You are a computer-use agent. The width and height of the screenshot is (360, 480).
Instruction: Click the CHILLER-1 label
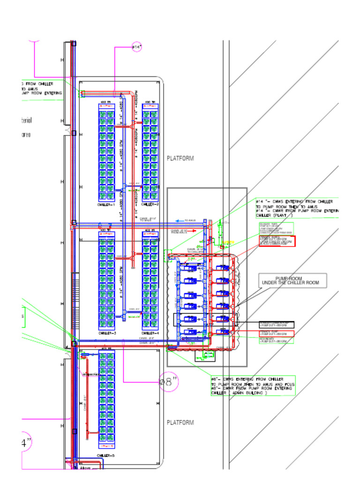tap(106, 205)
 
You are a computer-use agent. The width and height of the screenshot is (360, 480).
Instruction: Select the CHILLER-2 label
tap(150, 205)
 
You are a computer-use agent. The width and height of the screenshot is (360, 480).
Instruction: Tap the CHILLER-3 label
tap(106, 333)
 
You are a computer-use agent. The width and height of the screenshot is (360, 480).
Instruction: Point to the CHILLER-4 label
tap(150, 333)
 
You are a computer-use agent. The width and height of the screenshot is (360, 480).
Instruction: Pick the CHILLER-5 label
tap(106, 456)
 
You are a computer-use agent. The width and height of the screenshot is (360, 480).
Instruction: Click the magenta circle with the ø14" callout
tap(136, 47)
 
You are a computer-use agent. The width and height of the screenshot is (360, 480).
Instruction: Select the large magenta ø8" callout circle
tap(169, 382)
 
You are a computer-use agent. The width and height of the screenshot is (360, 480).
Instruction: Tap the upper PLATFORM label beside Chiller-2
tap(180, 158)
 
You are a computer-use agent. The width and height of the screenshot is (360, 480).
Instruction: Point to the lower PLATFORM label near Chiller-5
tap(180, 422)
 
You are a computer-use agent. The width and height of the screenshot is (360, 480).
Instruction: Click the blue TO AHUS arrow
tap(180, 220)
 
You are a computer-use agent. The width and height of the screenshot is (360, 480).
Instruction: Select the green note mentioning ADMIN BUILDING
tap(253, 386)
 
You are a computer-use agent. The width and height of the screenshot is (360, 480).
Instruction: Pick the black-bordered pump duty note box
tap(277, 324)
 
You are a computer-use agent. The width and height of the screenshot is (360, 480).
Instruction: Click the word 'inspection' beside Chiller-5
tap(91, 375)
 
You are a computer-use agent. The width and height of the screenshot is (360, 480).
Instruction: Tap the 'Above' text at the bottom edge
tap(85, 468)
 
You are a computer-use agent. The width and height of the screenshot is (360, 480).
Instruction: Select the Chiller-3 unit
tap(106, 280)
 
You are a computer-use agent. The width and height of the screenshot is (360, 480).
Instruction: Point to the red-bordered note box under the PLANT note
tap(277, 241)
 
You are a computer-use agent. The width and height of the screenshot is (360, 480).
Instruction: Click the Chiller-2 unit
tap(150, 152)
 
